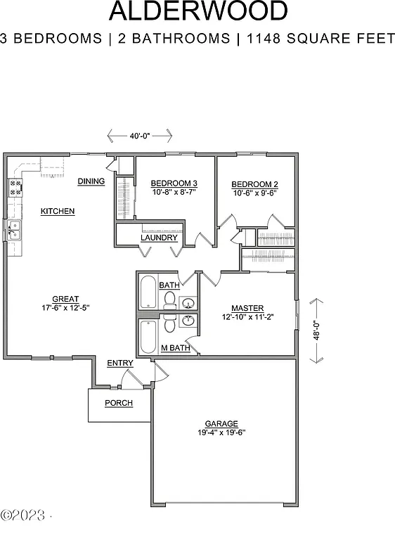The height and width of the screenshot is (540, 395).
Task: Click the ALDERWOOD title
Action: point(198,12)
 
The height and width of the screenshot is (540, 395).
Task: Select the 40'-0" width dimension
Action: point(138,136)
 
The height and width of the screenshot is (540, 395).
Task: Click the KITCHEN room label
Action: point(58,211)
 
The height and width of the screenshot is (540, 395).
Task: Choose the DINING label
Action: point(91,181)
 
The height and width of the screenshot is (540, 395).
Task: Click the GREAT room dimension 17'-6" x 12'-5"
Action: point(65,307)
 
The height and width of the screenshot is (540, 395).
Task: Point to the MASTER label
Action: point(247,308)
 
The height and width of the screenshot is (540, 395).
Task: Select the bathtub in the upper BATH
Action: point(148,292)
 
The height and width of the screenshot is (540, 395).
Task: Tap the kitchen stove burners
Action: point(15,186)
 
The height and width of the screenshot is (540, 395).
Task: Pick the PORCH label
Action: point(119,403)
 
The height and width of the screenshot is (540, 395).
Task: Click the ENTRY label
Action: point(120,363)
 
